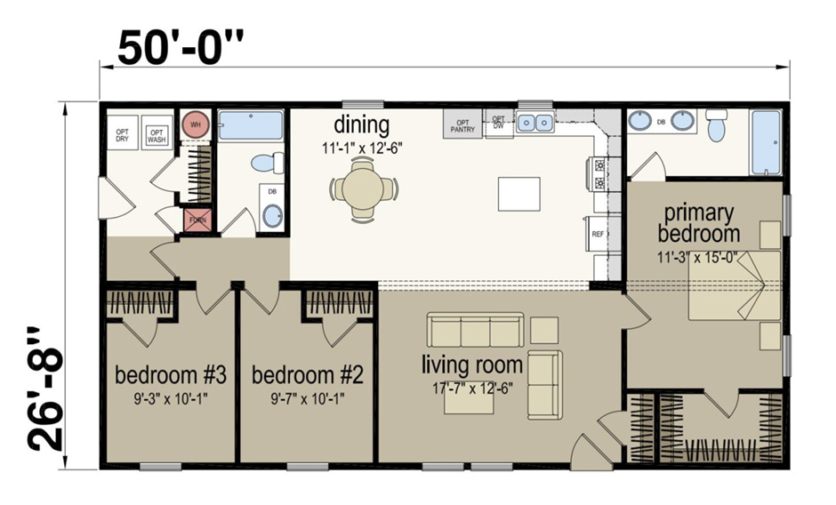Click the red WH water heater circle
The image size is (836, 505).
pyautogui.click(x=195, y=124)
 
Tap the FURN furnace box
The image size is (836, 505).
pyautogui.click(x=196, y=220)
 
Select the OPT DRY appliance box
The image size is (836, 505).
pyautogui.click(x=124, y=135)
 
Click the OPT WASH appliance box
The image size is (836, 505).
pyautogui.click(x=157, y=135)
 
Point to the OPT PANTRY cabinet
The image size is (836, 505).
pyautogui.click(x=462, y=124)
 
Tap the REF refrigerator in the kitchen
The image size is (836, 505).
pyautogui.click(x=599, y=233)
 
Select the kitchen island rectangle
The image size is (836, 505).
pyautogui.click(x=518, y=194)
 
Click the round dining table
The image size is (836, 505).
pyautogui.click(x=364, y=188)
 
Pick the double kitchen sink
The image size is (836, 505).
pyautogui.click(x=536, y=122)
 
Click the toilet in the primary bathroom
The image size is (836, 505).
pyautogui.click(x=717, y=126)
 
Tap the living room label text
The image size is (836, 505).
pyautogui.click(x=468, y=364)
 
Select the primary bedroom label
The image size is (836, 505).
pyautogui.click(x=698, y=224)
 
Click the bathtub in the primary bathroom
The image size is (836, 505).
pyautogui.click(x=766, y=142)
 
